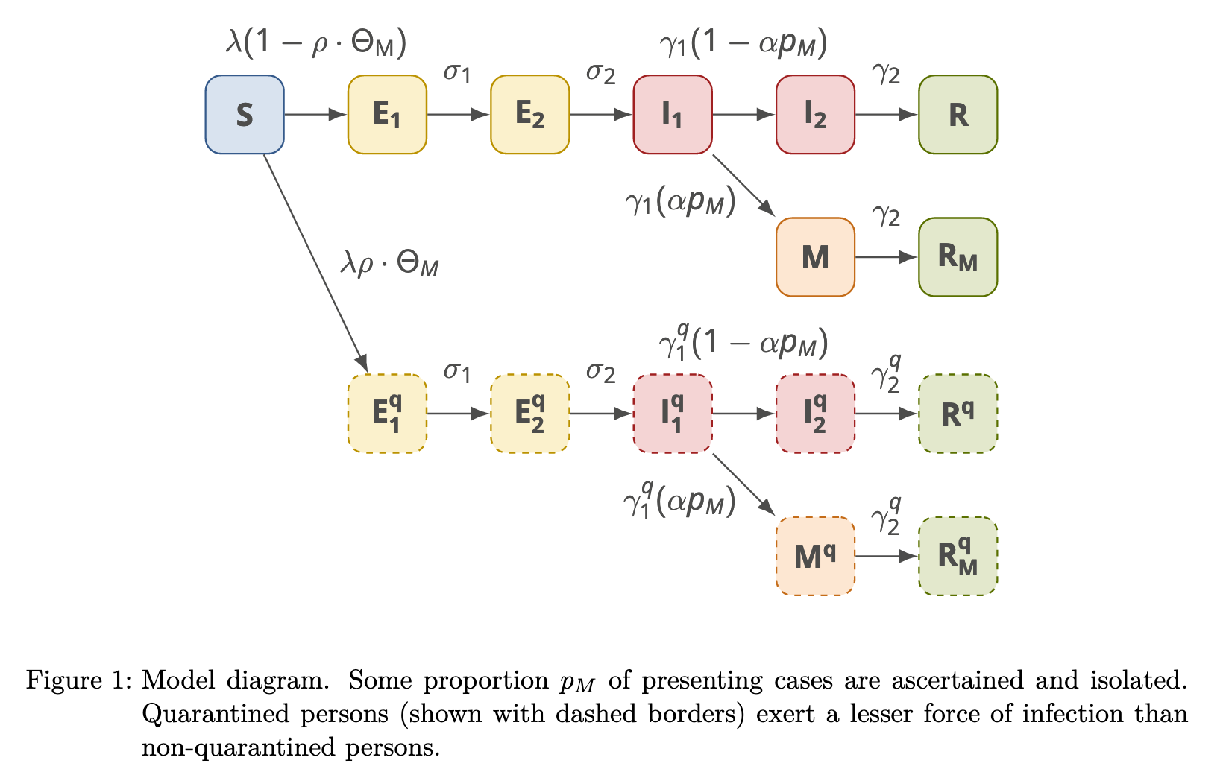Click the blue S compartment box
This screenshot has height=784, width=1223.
tap(245, 115)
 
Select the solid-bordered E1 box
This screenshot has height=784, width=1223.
tap(387, 115)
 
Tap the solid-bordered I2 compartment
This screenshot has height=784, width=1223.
tap(815, 115)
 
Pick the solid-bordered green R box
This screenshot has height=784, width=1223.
tap(958, 115)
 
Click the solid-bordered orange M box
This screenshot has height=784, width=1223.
tap(815, 257)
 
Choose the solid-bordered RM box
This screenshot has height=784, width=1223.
tap(958, 257)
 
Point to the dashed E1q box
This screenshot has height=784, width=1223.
tap(387, 414)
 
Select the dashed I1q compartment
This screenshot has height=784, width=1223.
tap(672, 414)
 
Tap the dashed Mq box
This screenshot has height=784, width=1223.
tap(815, 556)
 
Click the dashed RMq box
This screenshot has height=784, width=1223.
tap(958, 556)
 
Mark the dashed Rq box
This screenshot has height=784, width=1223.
tap(958, 414)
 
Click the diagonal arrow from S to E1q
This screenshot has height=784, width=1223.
tap(315, 261)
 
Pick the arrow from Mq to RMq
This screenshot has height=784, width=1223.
tap(886, 556)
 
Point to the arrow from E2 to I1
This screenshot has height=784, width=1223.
tap(601, 115)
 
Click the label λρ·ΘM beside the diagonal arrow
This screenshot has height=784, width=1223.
tap(389, 264)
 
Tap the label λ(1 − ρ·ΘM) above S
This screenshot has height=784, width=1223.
tap(316, 43)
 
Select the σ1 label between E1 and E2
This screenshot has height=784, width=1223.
tap(457, 73)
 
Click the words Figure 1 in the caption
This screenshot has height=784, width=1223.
tap(79, 680)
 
